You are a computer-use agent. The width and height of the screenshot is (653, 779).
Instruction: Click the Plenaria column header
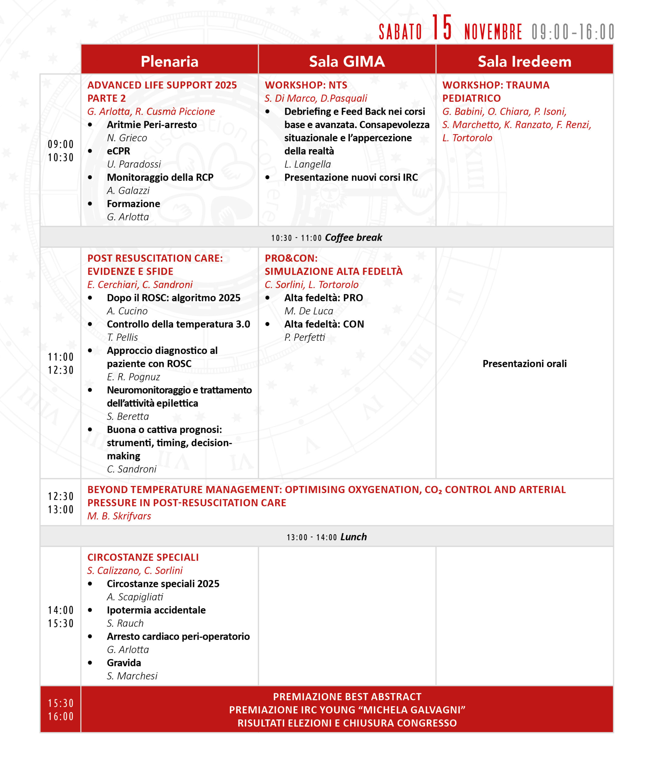(x=169, y=61)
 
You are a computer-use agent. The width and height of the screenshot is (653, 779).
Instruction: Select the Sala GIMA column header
(x=347, y=61)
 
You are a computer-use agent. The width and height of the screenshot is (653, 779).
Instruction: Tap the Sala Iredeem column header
(x=524, y=61)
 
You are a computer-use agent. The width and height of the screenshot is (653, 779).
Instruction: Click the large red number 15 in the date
(x=442, y=27)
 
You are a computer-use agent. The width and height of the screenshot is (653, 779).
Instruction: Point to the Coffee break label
(x=353, y=237)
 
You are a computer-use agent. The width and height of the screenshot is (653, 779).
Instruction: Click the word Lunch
(x=354, y=537)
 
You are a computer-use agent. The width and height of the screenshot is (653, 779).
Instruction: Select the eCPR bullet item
(x=119, y=151)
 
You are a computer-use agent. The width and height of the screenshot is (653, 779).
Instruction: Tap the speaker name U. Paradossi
(x=134, y=164)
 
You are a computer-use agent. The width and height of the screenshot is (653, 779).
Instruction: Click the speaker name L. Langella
(x=307, y=164)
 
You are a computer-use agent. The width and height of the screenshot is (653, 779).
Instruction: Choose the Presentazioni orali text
(x=524, y=364)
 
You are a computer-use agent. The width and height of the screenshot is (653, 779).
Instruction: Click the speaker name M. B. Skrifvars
(x=119, y=516)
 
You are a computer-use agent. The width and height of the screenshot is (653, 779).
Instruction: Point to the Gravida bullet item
(x=124, y=662)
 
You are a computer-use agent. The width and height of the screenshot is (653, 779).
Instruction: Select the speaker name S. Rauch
(x=125, y=623)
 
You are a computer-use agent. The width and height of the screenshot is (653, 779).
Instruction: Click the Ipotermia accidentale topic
(x=156, y=610)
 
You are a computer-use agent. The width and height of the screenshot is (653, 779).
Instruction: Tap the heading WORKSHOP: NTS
(x=306, y=85)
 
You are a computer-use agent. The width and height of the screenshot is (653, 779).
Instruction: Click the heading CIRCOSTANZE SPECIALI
(x=143, y=557)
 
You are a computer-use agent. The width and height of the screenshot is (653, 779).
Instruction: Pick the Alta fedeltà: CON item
(x=324, y=324)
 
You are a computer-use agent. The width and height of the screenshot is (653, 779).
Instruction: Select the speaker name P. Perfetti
(x=304, y=337)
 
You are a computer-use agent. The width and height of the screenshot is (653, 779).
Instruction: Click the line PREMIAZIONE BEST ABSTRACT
(x=347, y=697)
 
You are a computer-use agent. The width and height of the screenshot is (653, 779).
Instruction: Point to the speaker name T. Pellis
(x=122, y=337)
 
